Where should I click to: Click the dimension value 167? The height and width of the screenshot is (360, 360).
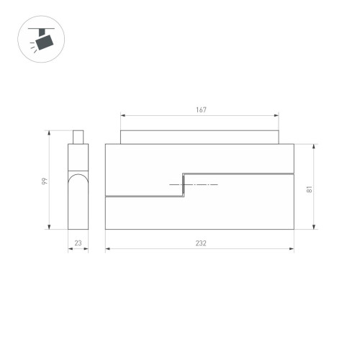pos(201,110)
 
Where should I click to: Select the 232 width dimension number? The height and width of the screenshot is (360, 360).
pos(201,243)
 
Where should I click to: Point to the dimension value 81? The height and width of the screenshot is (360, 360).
pos(307,189)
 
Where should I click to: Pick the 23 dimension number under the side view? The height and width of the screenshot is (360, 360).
pos(78,243)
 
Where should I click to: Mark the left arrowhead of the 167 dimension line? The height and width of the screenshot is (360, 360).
pos(122,115)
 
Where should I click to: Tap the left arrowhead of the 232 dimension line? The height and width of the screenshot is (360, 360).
pos(107,249)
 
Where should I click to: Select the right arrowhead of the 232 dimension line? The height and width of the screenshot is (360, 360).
pos(292,249)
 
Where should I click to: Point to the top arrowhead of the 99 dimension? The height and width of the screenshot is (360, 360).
pos(48,132)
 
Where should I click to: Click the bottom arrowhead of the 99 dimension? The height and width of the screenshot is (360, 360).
pos(48,228)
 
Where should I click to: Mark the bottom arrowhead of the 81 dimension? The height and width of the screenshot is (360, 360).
pos(315,228)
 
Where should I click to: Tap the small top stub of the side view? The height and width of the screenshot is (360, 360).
pos(78,137)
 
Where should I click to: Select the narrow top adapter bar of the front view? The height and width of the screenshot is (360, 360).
pos(199,138)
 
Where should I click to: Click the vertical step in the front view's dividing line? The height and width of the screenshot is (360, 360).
pos(183,184)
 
